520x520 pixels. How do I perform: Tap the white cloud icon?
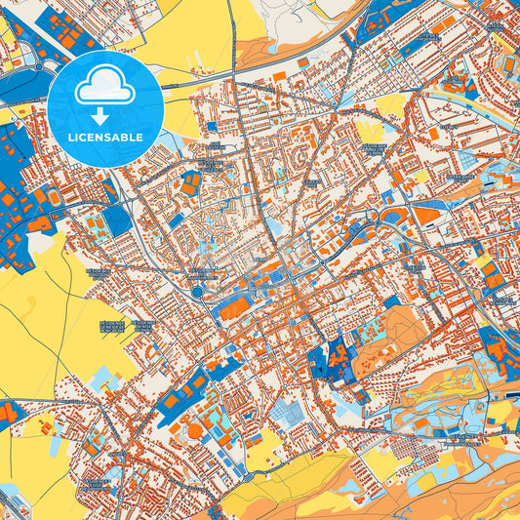(x=104, y=89)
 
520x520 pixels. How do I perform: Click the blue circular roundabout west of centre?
(x=198, y=291)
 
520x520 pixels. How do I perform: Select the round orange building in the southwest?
(x=195, y=430)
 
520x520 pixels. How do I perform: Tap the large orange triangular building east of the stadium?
(x=426, y=215)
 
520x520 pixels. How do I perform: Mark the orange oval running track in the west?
(x=39, y=224)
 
